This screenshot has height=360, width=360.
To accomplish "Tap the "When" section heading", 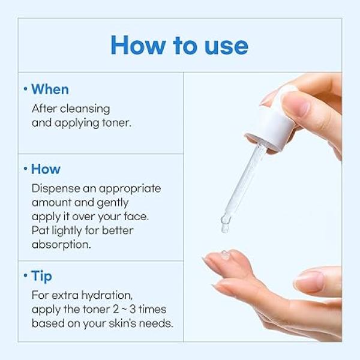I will [x=50, y=89].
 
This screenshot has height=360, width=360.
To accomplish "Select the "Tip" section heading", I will [x=41, y=276].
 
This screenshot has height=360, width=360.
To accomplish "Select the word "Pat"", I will [x=40, y=230].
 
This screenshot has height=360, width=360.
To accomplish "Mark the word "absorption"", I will [x=61, y=245].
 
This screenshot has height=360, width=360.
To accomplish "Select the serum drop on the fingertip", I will [x=225, y=256].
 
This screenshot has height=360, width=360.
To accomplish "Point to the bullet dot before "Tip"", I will [x=26, y=276].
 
